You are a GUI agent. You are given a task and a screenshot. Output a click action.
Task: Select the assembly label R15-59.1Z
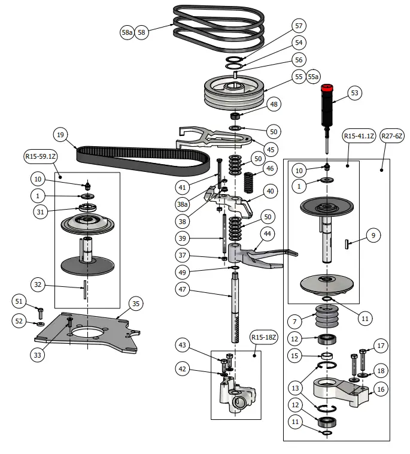click(x=41, y=156)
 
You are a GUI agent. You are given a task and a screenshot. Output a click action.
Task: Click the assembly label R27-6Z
click(x=392, y=136)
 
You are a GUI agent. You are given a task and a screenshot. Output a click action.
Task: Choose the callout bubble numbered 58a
click(x=126, y=32)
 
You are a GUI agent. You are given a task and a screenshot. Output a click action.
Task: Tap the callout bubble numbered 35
click(x=136, y=304)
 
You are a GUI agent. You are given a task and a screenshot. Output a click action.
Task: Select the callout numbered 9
click(x=373, y=236)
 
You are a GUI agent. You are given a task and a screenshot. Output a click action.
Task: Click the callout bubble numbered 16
click(x=381, y=389)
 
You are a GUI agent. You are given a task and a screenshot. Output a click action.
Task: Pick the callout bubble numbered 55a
click(x=313, y=77)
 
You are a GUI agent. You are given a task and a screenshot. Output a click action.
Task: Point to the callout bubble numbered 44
click(x=267, y=232)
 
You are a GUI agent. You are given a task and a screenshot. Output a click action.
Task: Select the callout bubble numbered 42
click(x=183, y=368)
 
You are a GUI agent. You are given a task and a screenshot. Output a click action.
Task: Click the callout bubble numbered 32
click(x=37, y=285)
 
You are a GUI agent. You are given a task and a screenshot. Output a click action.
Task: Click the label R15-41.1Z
click(x=359, y=136)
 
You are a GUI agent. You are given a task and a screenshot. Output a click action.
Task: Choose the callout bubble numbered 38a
click(x=183, y=204)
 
